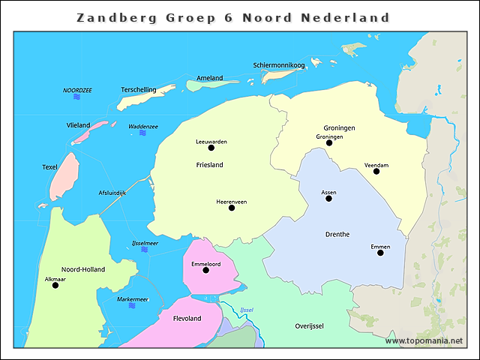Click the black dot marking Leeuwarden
[211, 148]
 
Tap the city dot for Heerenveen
[232, 208]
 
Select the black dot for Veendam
[376, 172]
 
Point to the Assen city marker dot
[328, 199]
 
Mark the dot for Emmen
[380, 253]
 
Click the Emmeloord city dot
[205, 270]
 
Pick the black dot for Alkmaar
[55, 285]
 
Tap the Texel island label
[49, 167]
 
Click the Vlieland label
[78, 125]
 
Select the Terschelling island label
[138, 90]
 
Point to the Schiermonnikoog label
[279, 65]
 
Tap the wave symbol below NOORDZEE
[77, 97]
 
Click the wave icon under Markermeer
[133, 307]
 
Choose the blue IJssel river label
[247, 310]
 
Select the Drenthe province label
[337, 234]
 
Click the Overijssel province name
[309, 326]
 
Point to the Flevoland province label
[187, 319]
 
